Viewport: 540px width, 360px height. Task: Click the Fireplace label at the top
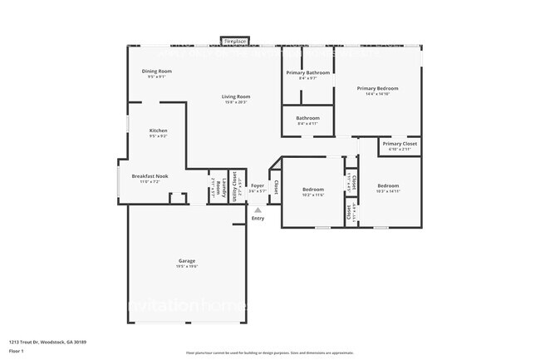[x=235, y=41]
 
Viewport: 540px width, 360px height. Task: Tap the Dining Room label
[x=157, y=72]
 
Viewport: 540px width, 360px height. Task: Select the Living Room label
[x=236, y=96]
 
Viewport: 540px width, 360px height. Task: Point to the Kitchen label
[x=158, y=131]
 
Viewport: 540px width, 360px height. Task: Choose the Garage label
[x=186, y=261]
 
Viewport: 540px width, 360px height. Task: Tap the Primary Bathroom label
[x=307, y=73]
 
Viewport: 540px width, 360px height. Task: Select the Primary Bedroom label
[x=378, y=88]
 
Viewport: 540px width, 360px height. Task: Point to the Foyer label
[x=258, y=185]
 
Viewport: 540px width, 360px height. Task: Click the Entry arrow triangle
[x=258, y=210]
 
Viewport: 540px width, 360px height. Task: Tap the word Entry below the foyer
[x=258, y=218]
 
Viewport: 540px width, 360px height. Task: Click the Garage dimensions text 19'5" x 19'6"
[x=186, y=267]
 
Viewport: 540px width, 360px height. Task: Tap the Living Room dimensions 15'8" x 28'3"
[x=236, y=102]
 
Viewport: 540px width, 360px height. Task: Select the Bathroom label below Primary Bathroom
[x=307, y=118]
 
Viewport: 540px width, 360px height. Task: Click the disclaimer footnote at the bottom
[x=269, y=353]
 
